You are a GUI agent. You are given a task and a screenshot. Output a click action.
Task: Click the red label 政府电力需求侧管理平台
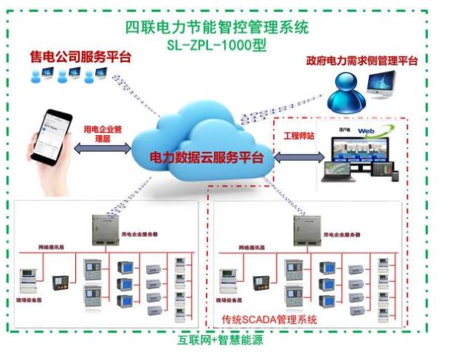click(362, 61)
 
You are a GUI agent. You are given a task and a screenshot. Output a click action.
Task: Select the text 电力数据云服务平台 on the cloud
click(201, 157)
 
